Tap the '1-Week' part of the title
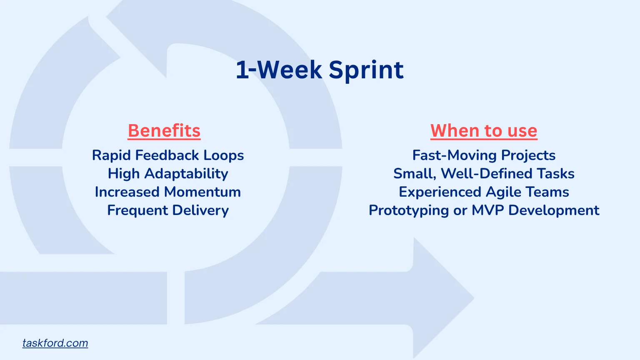[279, 70]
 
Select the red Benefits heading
[164, 131]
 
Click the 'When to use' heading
[484, 131]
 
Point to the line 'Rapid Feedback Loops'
[168, 155]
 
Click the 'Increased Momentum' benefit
[168, 192]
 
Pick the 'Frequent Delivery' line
[168, 210]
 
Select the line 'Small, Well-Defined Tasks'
[484, 174]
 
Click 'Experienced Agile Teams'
[484, 192]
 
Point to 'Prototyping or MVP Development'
[484, 210]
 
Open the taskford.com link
[55, 343]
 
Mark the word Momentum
[202, 192]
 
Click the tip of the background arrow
[474, 298]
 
